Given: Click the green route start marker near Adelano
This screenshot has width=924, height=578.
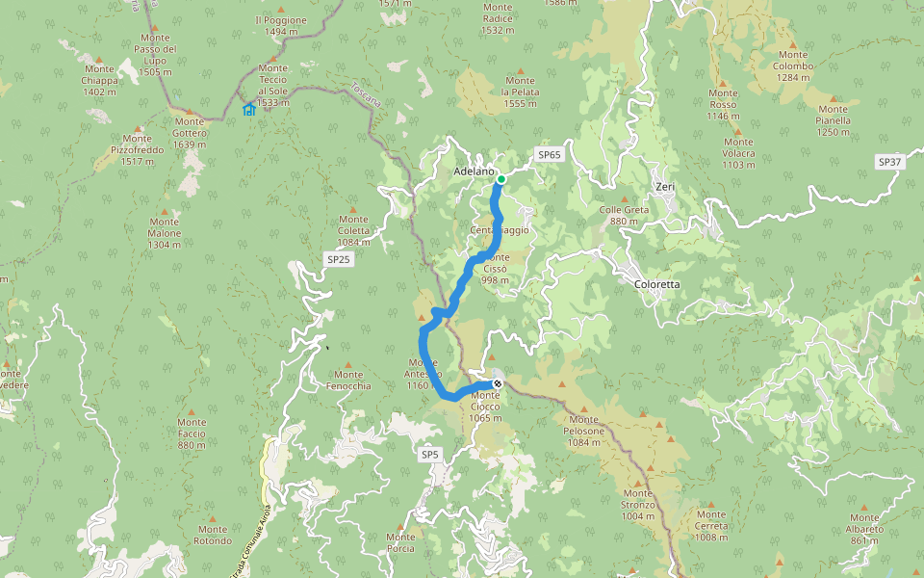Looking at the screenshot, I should pyautogui.click(x=501, y=179).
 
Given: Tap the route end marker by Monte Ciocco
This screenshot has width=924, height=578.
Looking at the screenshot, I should pyautogui.click(x=498, y=383).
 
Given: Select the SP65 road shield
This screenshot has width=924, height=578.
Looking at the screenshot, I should pyautogui.click(x=549, y=154).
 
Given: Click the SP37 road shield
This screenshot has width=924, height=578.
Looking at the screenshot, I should pyautogui.click(x=889, y=162).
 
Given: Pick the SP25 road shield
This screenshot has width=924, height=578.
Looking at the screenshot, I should pyautogui.click(x=339, y=260).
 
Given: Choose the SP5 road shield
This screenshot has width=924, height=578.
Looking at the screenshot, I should pyautogui.click(x=429, y=453).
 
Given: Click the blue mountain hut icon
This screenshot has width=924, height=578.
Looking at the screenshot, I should pyautogui.click(x=249, y=109).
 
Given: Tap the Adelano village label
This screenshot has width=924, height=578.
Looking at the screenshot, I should pyautogui.click(x=473, y=172).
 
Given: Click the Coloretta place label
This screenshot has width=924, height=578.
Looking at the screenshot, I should pyautogui.click(x=657, y=284).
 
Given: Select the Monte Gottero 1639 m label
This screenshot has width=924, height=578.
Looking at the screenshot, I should pyautogui.click(x=190, y=133).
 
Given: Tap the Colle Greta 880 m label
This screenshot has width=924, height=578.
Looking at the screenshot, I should pyautogui.click(x=624, y=215).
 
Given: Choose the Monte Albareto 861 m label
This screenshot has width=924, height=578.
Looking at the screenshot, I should pyautogui.click(x=863, y=529).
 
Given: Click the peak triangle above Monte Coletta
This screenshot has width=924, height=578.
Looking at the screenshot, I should pyautogui.click(x=352, y=209).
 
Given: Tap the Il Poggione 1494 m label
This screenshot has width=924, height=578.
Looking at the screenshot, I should pyautogui.click(x=280, y=25).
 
